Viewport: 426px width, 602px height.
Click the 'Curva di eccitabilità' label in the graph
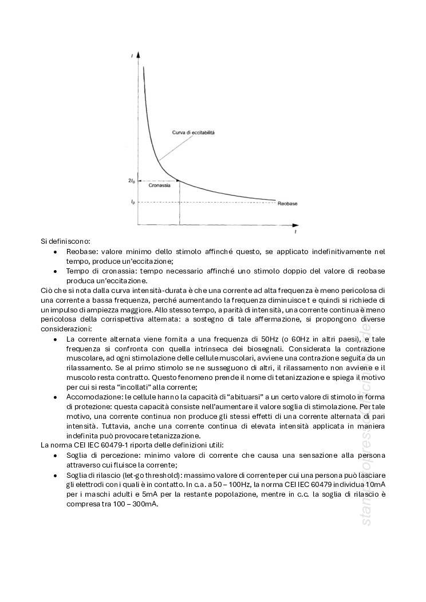pos(194,132)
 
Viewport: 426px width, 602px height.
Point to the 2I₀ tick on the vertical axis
pos(132,181)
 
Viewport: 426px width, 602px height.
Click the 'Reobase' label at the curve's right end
pos(287,204)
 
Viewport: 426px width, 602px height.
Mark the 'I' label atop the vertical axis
pos(132,55)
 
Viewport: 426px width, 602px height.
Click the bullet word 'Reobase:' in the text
pos(82,251)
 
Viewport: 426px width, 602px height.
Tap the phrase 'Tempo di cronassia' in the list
pos(98,271)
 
